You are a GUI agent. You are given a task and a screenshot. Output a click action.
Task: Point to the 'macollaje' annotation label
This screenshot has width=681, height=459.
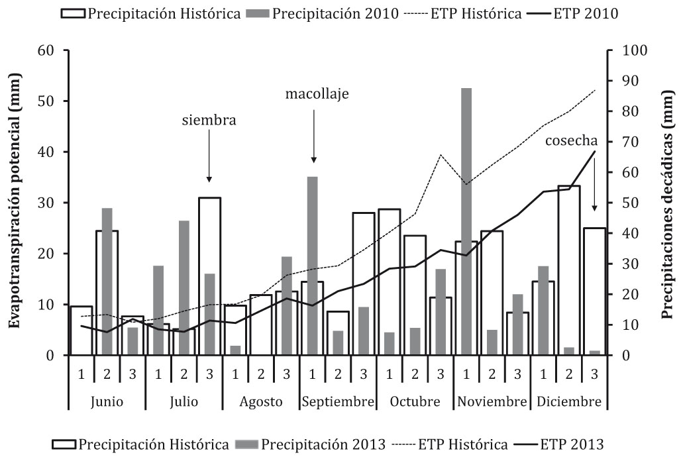pyautogui.click(x=317, y=93)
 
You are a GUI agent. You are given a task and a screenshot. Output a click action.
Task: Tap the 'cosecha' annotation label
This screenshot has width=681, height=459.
pyautogui.click(x=572, y=140)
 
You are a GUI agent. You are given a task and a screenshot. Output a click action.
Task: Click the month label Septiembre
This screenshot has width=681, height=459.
pyautogui.click(x=338, y=402)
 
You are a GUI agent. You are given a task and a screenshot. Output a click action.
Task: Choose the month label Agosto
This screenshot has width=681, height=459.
pyautogui.click(x=261, y=402)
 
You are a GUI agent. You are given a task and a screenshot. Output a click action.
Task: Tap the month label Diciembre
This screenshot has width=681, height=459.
pyautogui.click(x=569, y=402)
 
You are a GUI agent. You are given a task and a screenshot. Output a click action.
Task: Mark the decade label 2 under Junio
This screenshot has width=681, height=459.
pyautogui.click(x=107, y=374)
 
